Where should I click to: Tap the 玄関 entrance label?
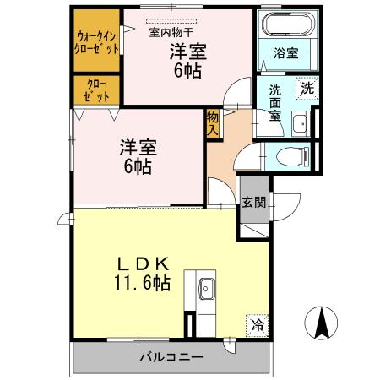pyautogui.click(x=253, y=202)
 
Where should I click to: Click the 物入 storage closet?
pyautogui.click(x=212, y=124)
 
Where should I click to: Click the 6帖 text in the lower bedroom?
pyautogui.click(x=137, y=166)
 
